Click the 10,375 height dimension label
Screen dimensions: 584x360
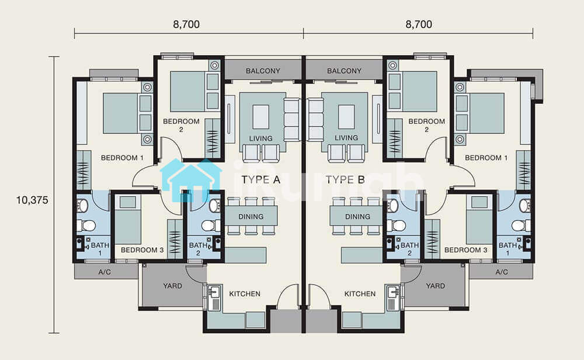point(32,200)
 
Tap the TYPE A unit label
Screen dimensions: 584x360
point(260,179)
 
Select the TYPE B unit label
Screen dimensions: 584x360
point(345,179)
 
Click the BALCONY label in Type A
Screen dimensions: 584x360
point(263,71)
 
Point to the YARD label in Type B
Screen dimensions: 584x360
point(436,286)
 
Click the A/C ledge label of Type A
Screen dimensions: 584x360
point(105,272)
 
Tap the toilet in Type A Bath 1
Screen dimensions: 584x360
point(86,226)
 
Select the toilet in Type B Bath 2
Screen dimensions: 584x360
point(397,226)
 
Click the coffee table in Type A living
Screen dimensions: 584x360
point(260,117)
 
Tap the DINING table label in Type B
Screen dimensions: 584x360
point(357,216)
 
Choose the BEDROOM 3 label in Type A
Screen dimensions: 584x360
point(142,250)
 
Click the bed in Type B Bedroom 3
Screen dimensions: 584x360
point(479,220)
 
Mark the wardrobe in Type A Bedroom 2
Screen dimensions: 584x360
point(213,139)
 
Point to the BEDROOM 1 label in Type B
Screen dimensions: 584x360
point(486,158)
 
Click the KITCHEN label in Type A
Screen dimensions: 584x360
point(245,294)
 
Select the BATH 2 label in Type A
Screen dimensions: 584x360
point(198,249)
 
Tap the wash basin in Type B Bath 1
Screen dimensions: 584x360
point(524,205)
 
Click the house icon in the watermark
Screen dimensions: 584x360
point(191,180)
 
